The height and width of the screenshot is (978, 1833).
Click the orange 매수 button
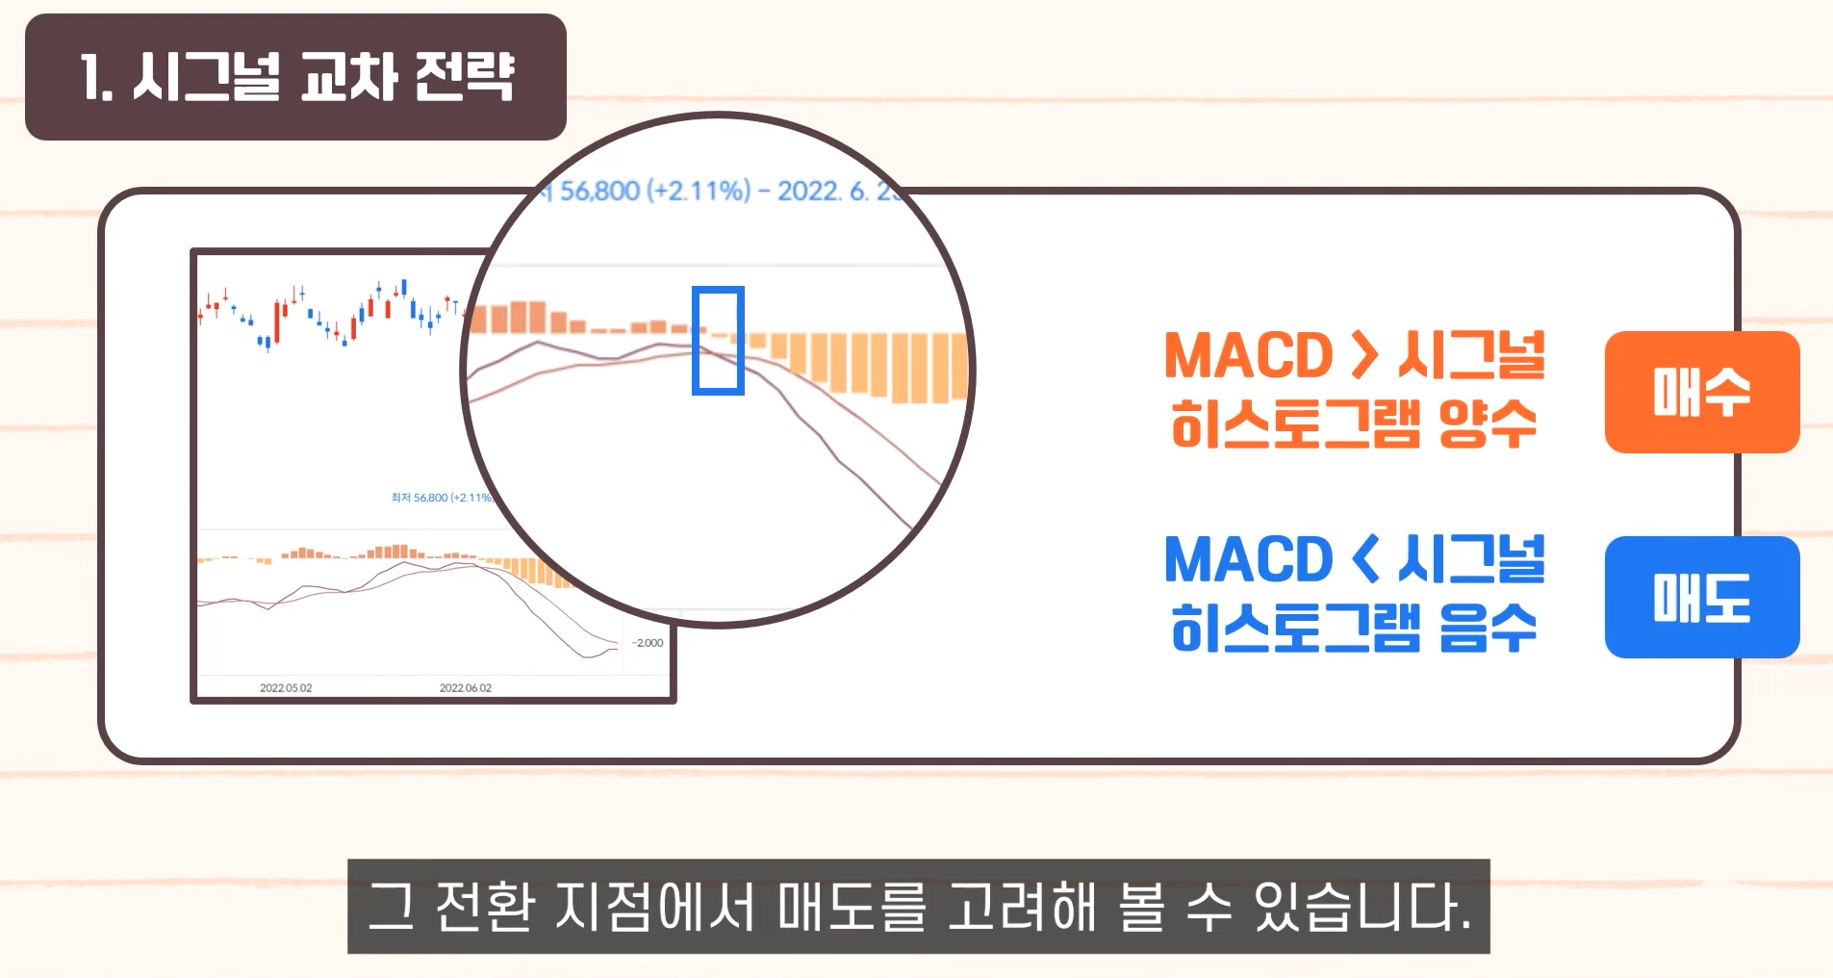pyautogui.click(x=1701, y=392)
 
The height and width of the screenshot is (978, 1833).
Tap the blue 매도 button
pyautogui.click(x=1701, y=597)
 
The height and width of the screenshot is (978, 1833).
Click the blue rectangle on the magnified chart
pyautogui.click(x=718, y=341)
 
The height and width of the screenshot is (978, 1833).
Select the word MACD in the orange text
pyautogui.click(x=1247, y=356)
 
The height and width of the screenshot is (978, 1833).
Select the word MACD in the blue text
pyautogui.click(x=1247, y=560)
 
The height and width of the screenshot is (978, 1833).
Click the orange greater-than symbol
pyautogui.click(x=1363, y=355)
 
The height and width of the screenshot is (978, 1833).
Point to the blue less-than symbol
pyautogui.click(x=1364, y=559)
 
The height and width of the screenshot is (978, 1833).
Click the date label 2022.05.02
pyautogui.click(x=286, y=688)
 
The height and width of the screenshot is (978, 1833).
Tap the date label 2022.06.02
pyautogui.click(x=465, y=688)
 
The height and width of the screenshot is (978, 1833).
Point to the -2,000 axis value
pyautogui.click(x=648, y=643)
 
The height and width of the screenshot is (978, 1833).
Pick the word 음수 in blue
pyautogui.click(x=1487, y=629)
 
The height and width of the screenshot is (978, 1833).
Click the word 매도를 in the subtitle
pyautogui.click(x=851, y=907)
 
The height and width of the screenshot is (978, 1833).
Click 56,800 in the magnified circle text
pyautogui.click(x=599, y=192)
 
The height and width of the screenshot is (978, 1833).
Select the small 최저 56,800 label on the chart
pyautogui.click(x=441, y=498)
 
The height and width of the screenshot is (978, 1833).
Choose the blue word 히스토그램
pyautogui.click(x=1294, y=629)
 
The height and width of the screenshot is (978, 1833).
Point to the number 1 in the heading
pyautogui.click(x=91, y=77)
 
